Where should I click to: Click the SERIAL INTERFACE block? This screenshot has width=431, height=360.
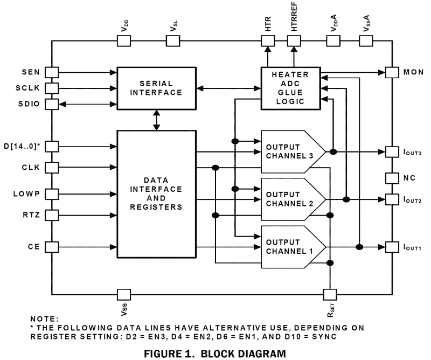(156, 88)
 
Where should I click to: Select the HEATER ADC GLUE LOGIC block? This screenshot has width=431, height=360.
(293, 86)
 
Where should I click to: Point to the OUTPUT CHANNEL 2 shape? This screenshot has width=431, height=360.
(291, 199)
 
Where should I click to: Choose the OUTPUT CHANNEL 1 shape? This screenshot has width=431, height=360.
(291, 247)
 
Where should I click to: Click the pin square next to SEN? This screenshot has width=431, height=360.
(52, 72)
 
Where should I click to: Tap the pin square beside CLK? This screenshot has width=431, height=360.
(52, 167)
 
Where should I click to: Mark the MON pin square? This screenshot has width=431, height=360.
(392, 72)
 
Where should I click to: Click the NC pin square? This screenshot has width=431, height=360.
(392, 177)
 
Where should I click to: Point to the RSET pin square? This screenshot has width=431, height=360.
(329, 294)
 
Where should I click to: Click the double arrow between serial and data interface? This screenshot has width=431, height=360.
(157, 119)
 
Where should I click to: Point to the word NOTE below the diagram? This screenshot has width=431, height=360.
(43, 319)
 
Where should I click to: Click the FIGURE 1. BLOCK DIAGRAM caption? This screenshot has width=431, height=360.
(215, 353)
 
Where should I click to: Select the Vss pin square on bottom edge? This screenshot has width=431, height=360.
(123, 294)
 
